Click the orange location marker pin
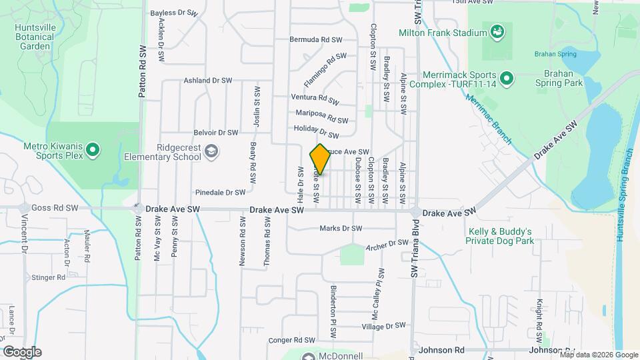coord(320,159)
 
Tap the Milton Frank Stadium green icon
coord(496,31)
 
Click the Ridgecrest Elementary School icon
coord(211,151)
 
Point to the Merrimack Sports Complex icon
coord(507,79)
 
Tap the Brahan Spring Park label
coord(559,78)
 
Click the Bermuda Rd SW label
coord(315,39)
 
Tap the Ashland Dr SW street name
coord(207,81)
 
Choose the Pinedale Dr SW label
coord(221,192)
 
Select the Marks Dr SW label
coord(341,229)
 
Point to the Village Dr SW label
coord(383,326)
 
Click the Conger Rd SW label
coord(291,340)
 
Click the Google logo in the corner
coord(22,351)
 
